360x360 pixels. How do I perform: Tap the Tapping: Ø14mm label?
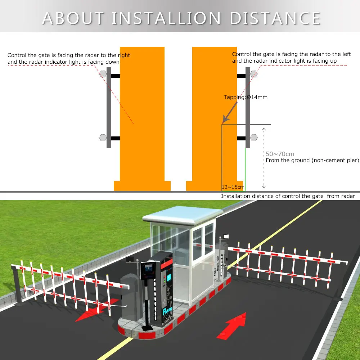point(246,97)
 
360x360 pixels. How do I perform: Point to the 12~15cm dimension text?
point(233,187)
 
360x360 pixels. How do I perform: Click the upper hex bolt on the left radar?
point(103,74)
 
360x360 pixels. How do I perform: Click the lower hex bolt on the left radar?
point(103,138)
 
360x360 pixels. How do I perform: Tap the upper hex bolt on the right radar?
point(254,74)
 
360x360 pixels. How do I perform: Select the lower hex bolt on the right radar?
point(254,138)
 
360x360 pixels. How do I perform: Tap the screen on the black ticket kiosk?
point(148,269)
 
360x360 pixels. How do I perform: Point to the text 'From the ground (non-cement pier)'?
point(312,160)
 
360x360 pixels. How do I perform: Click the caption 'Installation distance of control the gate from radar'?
point(288,196)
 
